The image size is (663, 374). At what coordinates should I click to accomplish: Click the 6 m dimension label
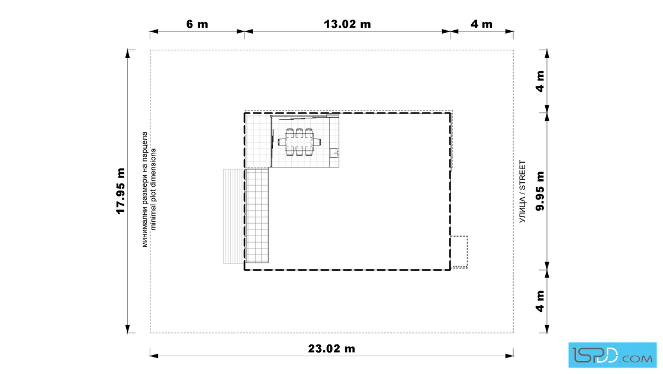tap(197, 24)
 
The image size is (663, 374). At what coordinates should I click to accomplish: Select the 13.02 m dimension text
tap(347, 24)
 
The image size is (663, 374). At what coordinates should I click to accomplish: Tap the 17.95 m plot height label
tap(121, 191)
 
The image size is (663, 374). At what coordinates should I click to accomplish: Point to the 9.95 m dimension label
tap(540, 191)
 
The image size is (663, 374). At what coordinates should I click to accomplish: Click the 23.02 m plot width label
tap(331, 349)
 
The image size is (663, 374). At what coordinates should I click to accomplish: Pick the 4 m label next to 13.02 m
tap(482, 24)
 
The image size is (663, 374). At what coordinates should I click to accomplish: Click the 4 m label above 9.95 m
tap(540, 81)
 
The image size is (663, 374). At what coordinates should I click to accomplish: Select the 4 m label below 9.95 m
tap(540, 301)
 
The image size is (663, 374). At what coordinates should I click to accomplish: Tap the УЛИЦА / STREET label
tap(523, 191)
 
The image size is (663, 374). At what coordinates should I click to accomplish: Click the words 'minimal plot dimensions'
tap(153, 189)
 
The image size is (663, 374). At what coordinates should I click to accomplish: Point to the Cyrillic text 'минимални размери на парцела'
tap(144, 189)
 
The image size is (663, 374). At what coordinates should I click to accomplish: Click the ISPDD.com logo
tap(612, 355)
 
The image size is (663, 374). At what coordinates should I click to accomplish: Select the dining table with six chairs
tap(300, 142)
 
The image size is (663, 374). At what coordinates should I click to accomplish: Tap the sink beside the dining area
tap(334, 153)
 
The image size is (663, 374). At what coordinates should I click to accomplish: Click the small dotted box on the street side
tap(459, 252)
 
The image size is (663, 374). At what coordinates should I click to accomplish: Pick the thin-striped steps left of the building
tap(233, 217)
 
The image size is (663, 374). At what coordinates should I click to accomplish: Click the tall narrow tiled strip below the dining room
tap(257, 215)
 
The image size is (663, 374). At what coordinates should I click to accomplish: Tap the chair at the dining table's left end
tap(282, 142)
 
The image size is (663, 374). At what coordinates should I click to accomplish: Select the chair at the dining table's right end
tap(317, 142)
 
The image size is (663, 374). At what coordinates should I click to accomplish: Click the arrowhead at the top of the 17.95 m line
tap(128, 53)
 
